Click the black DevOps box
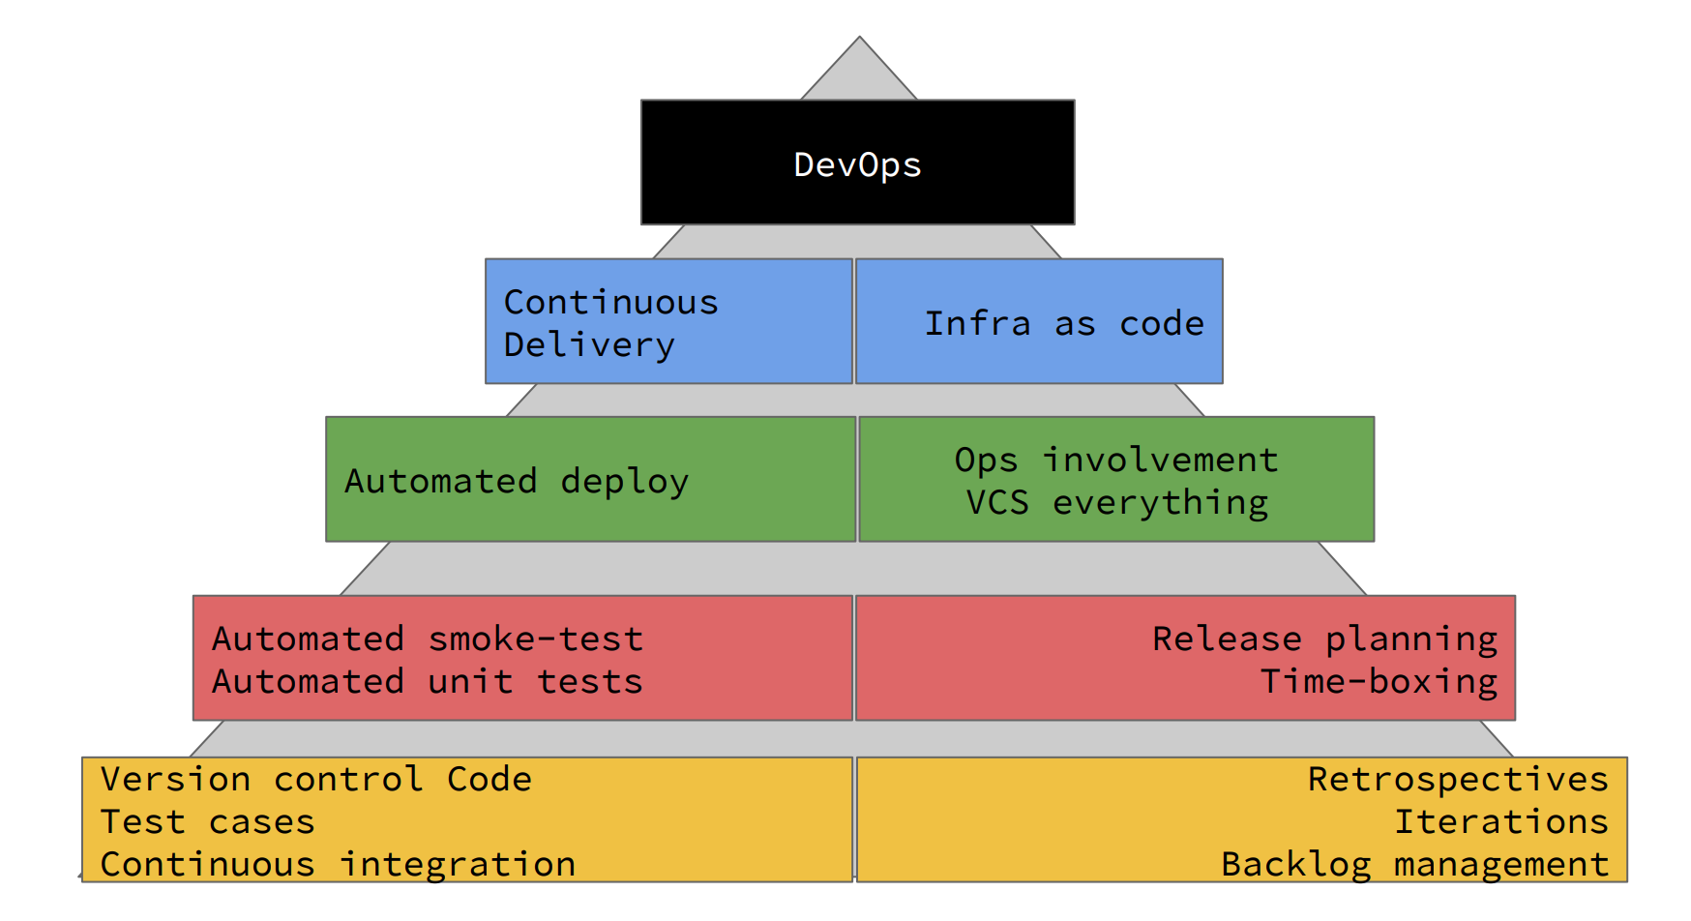point(857,163)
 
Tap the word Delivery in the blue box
point(589,345)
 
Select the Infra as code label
point(1064,323)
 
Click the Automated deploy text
point(517,481)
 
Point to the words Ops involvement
point(1116,460)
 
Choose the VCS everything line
point(1116,503)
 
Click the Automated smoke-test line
point(428,639)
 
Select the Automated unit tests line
point(428,681)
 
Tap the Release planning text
point(1324,639)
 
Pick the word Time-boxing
point(1379,681)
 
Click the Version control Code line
point(316,779)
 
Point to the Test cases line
point(208,821)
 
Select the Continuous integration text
point(338,864)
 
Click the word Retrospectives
point(1458,779)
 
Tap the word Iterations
point(1500,821)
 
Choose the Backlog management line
point(1414,864)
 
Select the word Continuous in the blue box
point(611,302)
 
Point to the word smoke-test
point(536,639)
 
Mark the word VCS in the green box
point(997,503)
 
